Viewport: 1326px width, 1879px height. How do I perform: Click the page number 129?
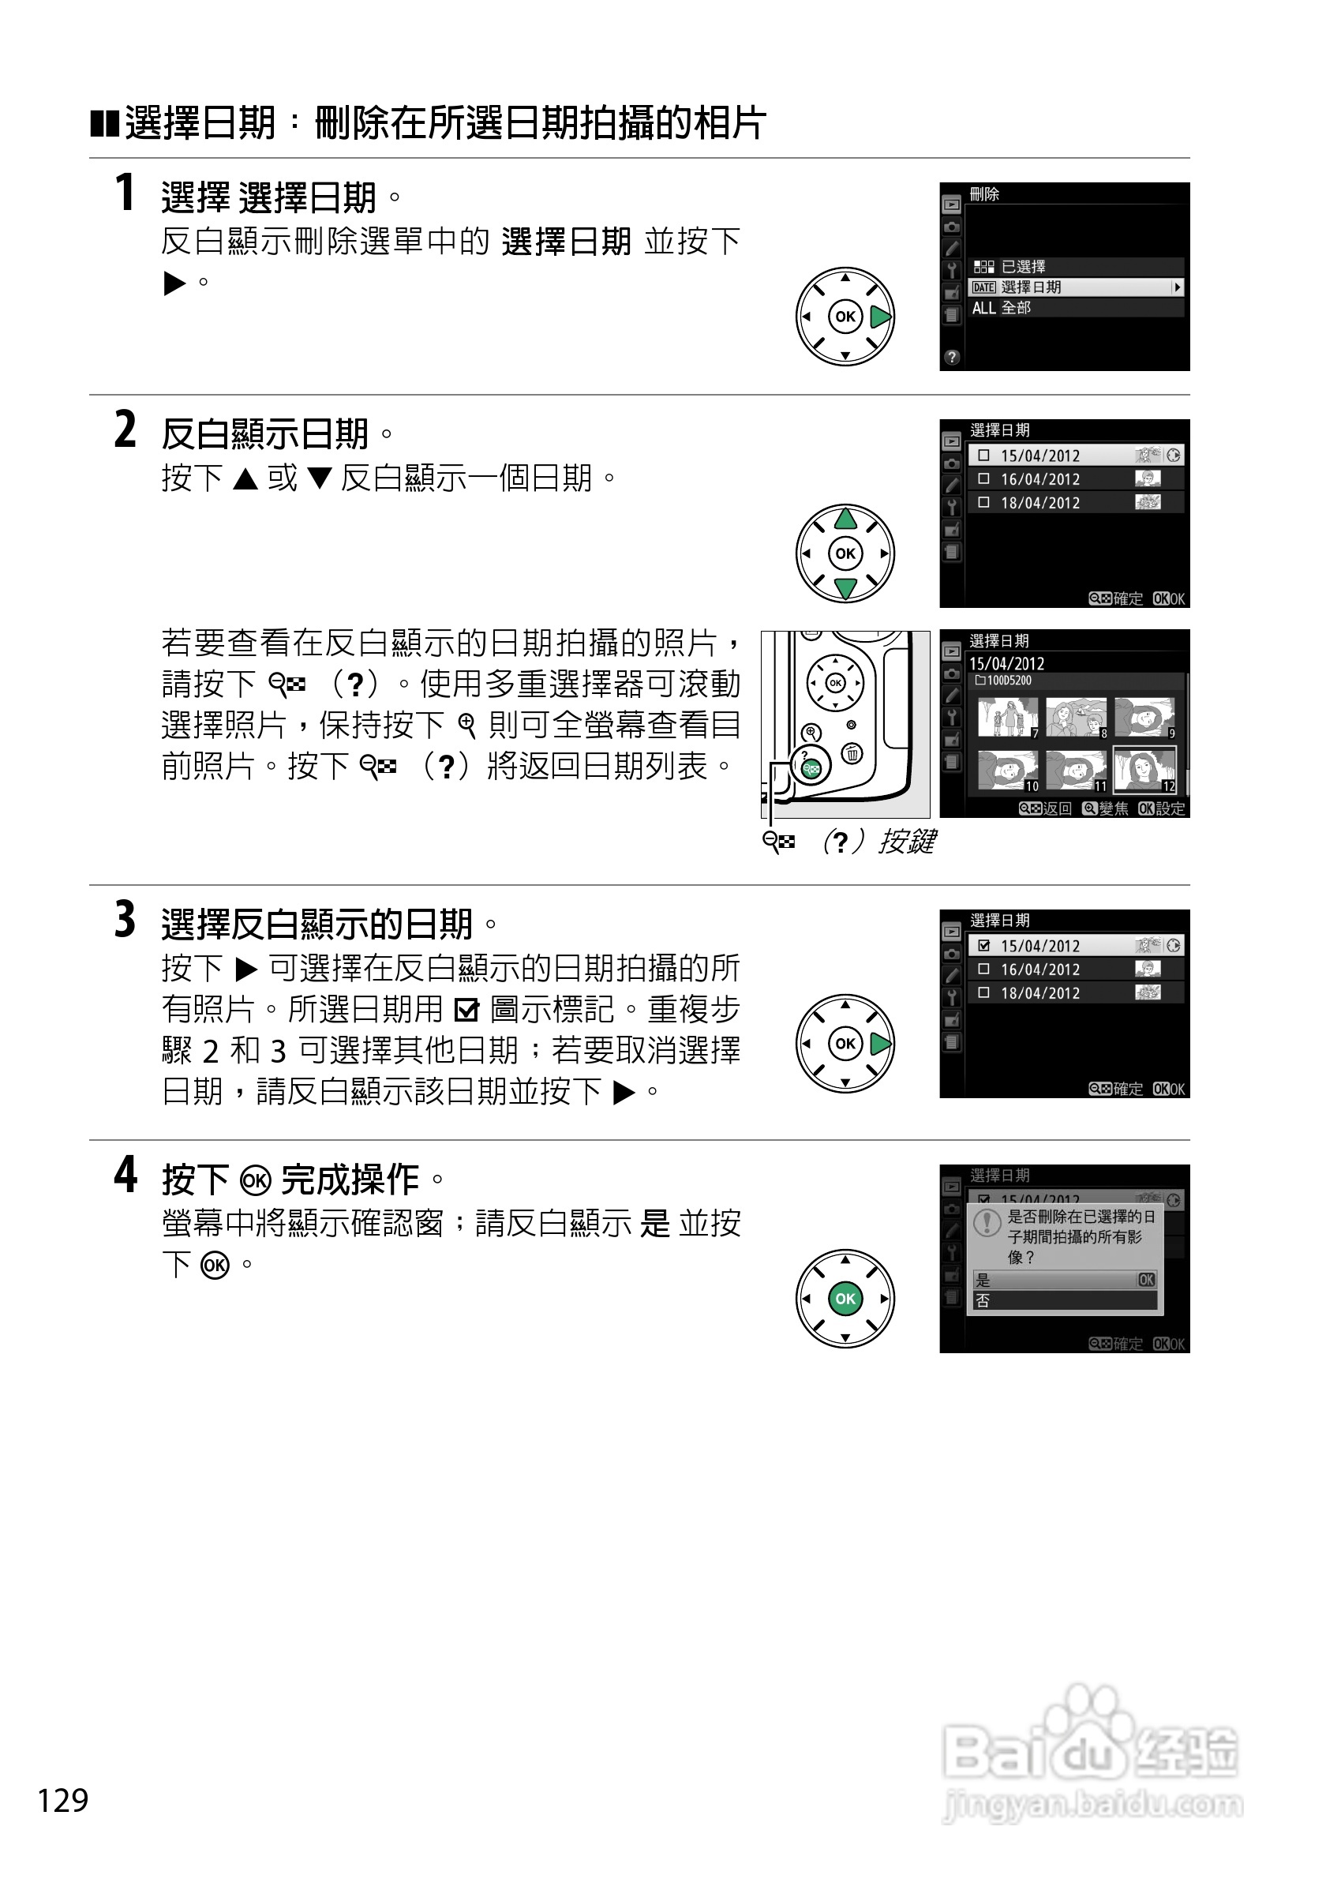point(63,1800)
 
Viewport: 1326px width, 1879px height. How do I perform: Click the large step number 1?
point(125,193)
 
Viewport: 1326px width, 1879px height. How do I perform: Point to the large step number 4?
point(125,1176)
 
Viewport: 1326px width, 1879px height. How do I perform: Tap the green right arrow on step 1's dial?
point(879,317)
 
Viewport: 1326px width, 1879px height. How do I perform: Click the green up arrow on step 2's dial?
point(845,519)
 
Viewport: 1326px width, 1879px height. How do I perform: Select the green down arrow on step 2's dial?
point(845,587)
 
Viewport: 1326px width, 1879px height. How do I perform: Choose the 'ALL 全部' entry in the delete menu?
point(1002,308)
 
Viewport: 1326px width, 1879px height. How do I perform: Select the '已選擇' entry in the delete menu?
point(1009,267)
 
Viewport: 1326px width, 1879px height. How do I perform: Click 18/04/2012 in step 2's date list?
point(1039,502)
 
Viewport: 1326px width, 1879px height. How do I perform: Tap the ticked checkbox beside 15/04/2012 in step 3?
point(983,945)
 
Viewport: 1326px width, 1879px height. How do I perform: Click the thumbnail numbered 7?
point(1008,718)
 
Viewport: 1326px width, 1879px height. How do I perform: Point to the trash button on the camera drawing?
point(852,753)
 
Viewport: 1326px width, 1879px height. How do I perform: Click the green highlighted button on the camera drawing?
point(811,767)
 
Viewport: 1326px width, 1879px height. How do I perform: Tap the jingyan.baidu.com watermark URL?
point(1093,1805)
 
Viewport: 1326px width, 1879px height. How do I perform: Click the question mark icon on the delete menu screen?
point(951,357)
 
